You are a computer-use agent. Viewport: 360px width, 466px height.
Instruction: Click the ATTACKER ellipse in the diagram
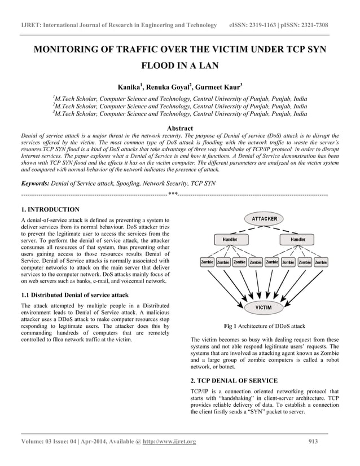[264, 218]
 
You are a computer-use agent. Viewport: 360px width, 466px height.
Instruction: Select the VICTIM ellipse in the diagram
[264, 307]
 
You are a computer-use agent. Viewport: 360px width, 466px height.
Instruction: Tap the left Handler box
[230, 240]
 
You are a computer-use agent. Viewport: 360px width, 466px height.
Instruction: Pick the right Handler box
[298, 240]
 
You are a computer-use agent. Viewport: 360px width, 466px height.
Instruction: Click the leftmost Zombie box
[207, 262]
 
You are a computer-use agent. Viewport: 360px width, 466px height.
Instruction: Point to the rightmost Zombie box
[321, 262]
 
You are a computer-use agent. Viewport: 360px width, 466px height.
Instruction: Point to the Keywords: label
[34, 183]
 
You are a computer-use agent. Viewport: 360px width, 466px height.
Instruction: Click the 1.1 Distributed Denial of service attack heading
[74, 295]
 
